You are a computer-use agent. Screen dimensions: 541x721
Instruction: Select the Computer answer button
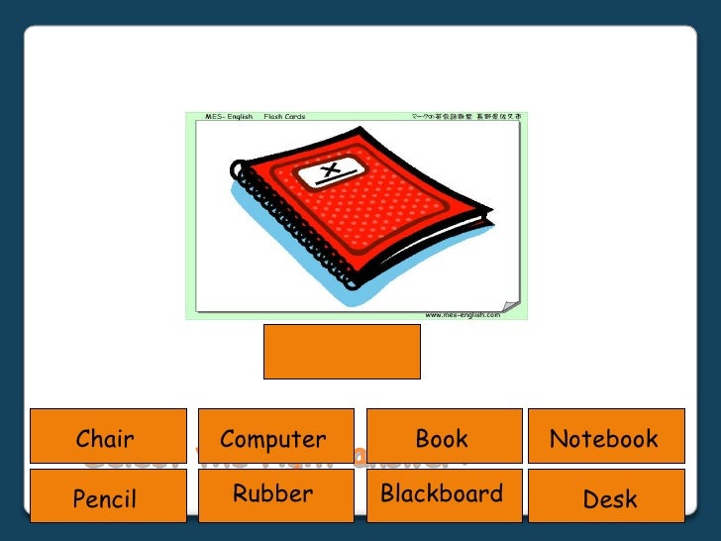pyautogui.click(x=276, y=436)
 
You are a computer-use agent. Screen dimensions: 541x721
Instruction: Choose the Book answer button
pyautogui.click(x=445, y=436)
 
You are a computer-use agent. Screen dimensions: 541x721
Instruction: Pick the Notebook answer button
pyautogui.click(x=605, y=436)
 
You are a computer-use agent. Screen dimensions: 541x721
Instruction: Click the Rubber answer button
pyautogui.click(x=276, y=495)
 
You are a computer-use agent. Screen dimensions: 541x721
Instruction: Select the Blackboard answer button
pyautogui.click(x=445, y=495)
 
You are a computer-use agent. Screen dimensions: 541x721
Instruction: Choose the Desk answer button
pyautogui.click(x=605, y=497)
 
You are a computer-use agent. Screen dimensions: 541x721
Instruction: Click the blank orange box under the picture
pyautogui.click(x=342, y=351)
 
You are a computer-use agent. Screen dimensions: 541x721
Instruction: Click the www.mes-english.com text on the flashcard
pyautogui.click(x=463, y=315)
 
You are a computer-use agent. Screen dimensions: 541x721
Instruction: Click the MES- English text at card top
pyautogui.click(x=227, y=117)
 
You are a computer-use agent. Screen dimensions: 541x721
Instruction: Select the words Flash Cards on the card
pyautogui.click(x=284, y=117)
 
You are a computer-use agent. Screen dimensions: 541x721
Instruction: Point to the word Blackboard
pyautogui.click(x=442, y=493)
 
